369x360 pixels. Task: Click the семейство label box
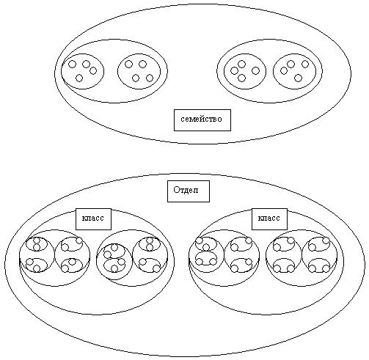202,120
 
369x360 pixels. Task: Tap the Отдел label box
189,191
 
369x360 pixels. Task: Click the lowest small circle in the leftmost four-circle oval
79,78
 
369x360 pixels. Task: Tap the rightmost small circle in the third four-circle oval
255,71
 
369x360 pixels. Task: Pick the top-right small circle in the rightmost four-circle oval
305,64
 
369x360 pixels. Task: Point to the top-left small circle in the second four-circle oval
128,65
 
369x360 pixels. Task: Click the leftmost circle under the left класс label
20,255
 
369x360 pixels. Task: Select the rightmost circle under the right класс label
337,255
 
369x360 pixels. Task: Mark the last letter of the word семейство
219,120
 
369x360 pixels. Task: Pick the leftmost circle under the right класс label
189,255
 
